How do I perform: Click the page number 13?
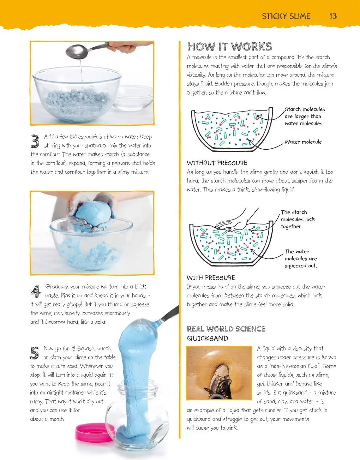[333, 16]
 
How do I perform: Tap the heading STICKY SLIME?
[286, 16]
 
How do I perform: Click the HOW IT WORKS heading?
[230, 47]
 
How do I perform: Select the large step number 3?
[35, 141]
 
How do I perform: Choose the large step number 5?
[34, 353]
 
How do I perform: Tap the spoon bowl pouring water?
[77, 52]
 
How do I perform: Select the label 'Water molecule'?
[303, 142]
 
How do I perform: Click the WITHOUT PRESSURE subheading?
[217, 163]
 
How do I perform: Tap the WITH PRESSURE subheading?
[211, 277]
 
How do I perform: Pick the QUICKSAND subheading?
[208, 338]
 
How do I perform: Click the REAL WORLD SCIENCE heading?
[226, 329]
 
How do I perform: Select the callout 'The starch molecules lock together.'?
[298, 219]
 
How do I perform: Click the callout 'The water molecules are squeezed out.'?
[301, 258]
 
